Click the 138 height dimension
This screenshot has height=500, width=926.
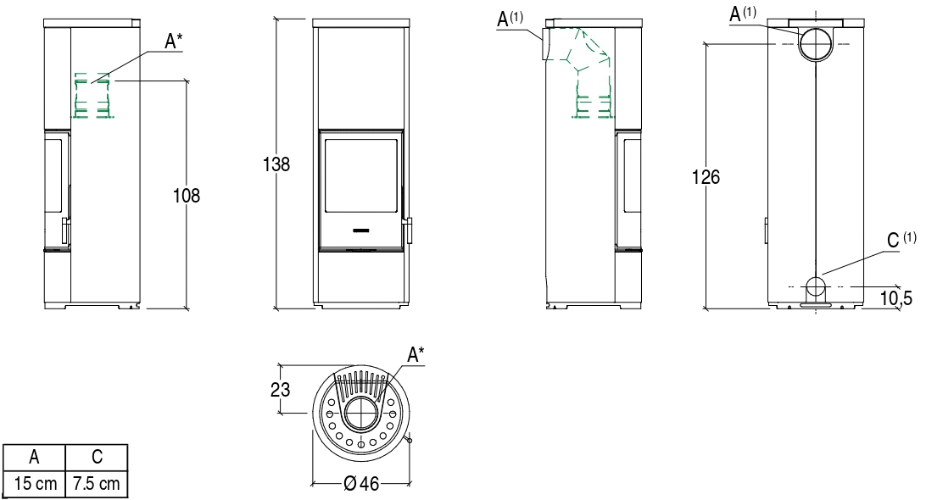coord(276,164)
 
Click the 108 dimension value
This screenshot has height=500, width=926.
coord(186,196)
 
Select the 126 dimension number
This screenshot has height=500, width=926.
coord(706,176)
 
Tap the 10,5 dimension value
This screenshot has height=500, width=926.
coord(895,298)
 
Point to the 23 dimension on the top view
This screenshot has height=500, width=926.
coord(281,389)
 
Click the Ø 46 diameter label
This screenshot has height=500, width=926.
coord(361,484)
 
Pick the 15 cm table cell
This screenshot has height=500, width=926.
coord(35,484)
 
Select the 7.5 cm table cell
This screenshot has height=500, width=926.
coord(97,484)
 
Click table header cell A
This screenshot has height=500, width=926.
coord(34,457)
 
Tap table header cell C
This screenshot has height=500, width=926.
coord(97,457)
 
